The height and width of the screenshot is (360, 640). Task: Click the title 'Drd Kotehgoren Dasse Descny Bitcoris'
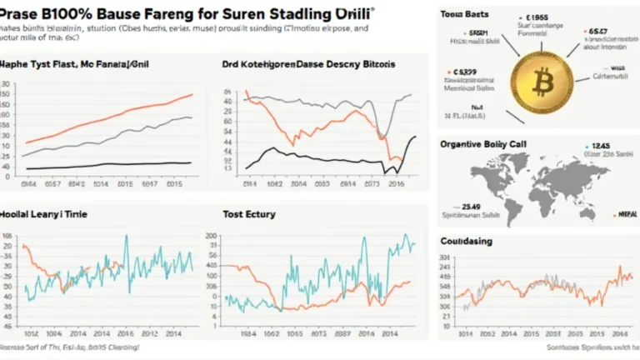[308, 63]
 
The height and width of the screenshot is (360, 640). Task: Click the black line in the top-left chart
[108, 164]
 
